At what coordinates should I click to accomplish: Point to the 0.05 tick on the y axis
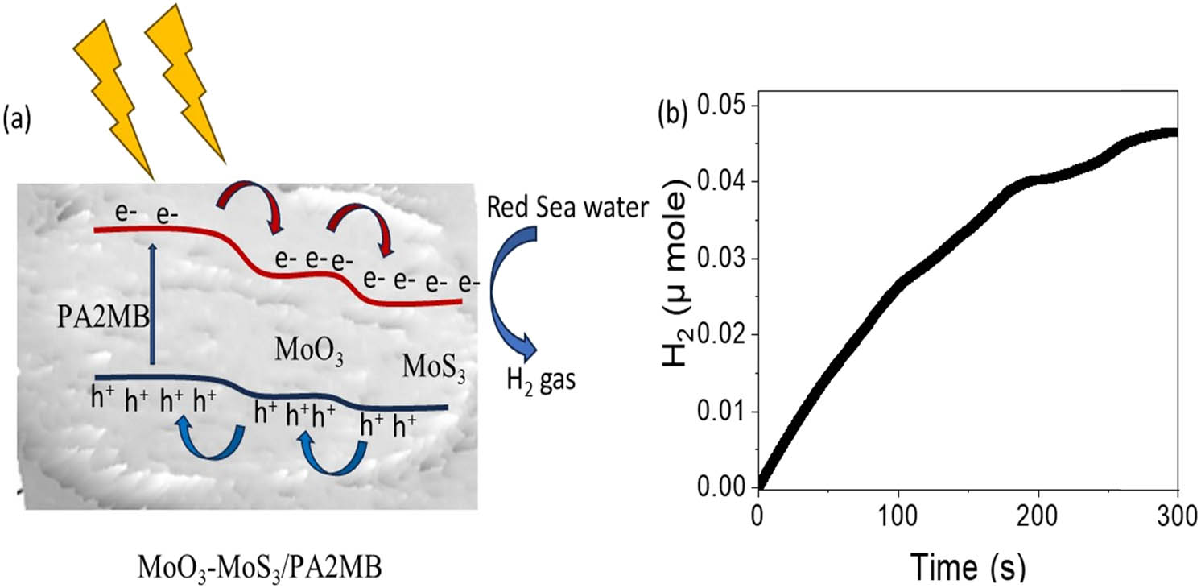(720, 106)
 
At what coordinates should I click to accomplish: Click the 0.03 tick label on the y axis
(720, 259)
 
